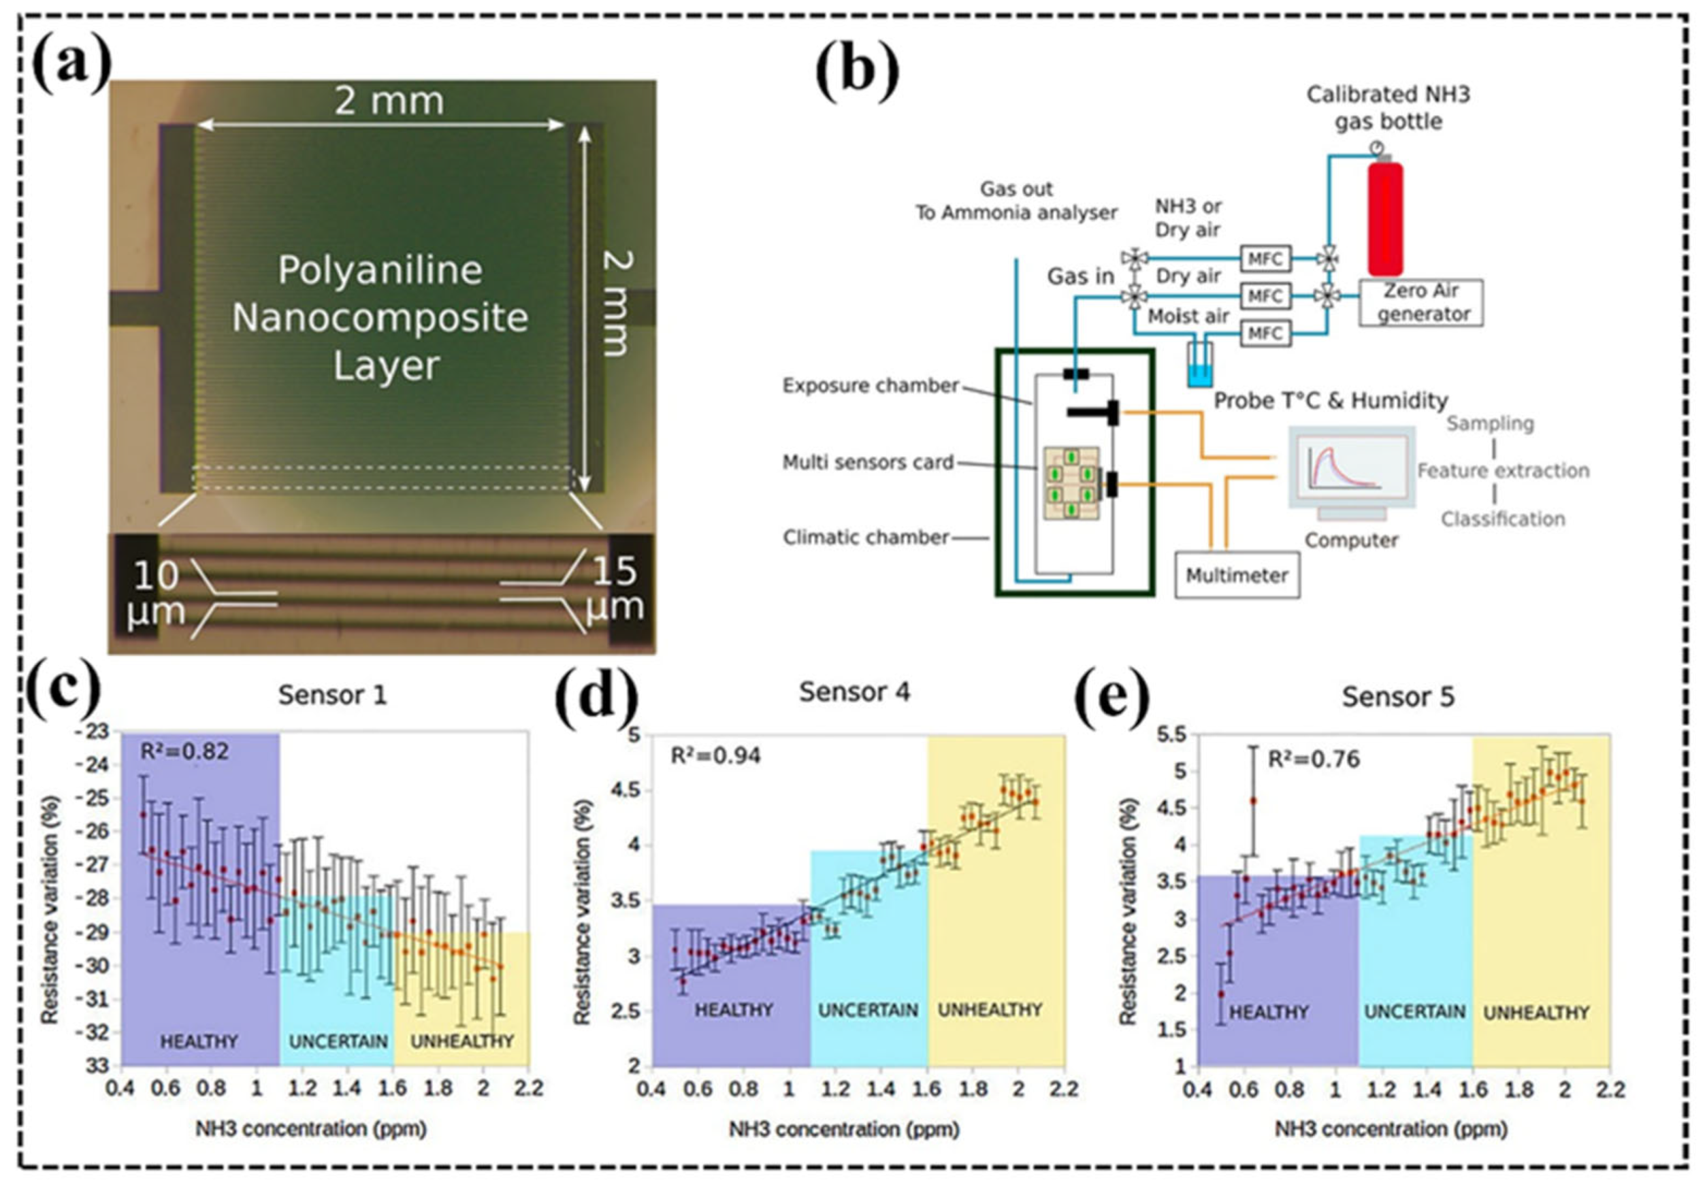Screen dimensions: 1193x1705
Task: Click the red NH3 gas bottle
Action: tap(1386, 218)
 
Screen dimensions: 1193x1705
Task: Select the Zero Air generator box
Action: tap(1421, 303)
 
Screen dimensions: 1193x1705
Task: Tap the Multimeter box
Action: tap(1237, 575)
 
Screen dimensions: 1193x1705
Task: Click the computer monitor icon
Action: tap(1351, 467)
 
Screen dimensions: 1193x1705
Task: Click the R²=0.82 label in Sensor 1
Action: tap(185, 752)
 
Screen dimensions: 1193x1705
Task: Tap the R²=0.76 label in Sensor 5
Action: tap(1314, 759)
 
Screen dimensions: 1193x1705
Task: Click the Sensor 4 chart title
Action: tap(854, 693)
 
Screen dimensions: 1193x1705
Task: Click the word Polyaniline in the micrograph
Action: tap(380, 270)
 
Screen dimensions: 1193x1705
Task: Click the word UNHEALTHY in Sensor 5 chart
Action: tap(1536, 1013)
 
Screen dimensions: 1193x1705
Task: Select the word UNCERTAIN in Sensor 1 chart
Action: tap(338, 1041)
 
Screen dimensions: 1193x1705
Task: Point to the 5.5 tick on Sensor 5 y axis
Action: tap(1174, 735)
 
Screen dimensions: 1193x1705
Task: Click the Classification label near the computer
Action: tap(1503, 519)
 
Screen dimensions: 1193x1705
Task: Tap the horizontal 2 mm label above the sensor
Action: tap(389, 101)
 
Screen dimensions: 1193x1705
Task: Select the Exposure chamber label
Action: tap(871, 386)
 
